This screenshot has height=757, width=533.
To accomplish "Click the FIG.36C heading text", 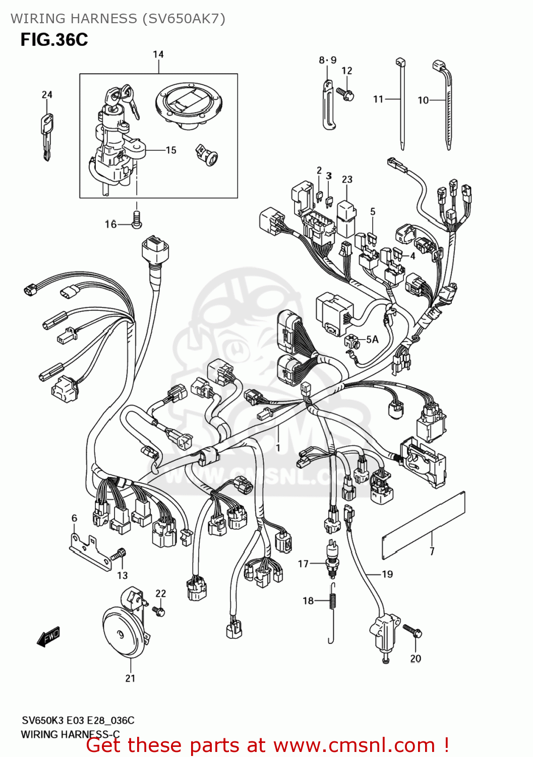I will click(54, 39).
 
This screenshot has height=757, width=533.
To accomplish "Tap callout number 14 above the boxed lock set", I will click(158, 55).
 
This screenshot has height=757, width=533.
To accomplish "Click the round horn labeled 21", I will click(123, 631).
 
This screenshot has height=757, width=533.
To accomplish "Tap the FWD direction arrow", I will click(48, 637).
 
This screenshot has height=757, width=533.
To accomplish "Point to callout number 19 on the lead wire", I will click(387, 574).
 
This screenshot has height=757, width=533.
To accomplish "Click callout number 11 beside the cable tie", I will click(378, 99).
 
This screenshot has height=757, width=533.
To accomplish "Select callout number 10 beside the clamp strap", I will click(423, 100).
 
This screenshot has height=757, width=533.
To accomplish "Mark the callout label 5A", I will click(372, 339).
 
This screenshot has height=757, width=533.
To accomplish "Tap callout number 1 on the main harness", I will click(278, 447).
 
